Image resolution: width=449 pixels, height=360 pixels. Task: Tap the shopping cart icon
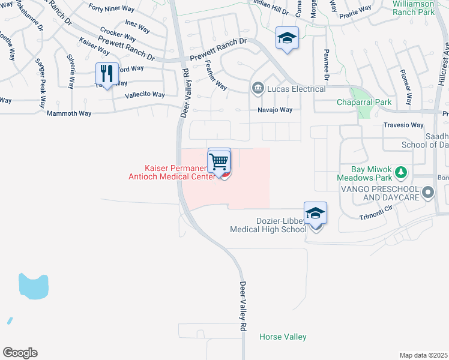tap(220, 160)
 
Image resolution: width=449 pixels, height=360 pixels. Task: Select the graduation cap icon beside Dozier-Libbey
tap(315, 213)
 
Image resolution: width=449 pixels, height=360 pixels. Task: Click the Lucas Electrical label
tap(297, 89)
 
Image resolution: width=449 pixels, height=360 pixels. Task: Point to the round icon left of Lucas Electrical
tap(258, 89)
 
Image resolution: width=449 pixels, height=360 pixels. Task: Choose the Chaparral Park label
tap(364, 103)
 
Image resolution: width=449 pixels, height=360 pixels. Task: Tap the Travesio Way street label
tap(403, 125)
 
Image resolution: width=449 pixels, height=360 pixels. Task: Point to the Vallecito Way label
tap(144, 95)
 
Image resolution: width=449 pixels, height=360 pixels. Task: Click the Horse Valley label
tap(283, 337)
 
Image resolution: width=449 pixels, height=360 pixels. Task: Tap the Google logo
tap(20, 353)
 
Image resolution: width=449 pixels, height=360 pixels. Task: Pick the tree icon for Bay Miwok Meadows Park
tap(400, 173)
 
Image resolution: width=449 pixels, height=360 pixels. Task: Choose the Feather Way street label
tap(216, 75)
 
